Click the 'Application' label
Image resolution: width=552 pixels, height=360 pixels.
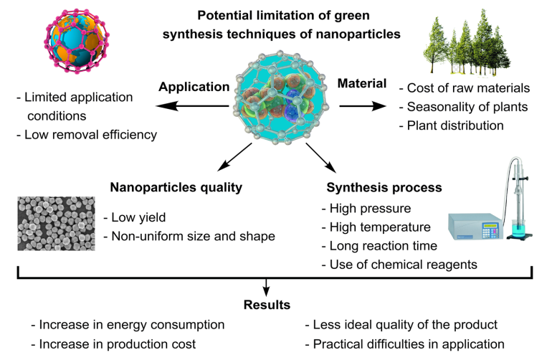[194, 86]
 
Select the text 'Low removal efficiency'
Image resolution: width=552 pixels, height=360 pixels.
[90, 134]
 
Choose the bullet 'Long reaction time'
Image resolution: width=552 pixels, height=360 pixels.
[381, 247]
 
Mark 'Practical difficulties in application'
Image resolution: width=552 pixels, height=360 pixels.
[404, 344]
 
